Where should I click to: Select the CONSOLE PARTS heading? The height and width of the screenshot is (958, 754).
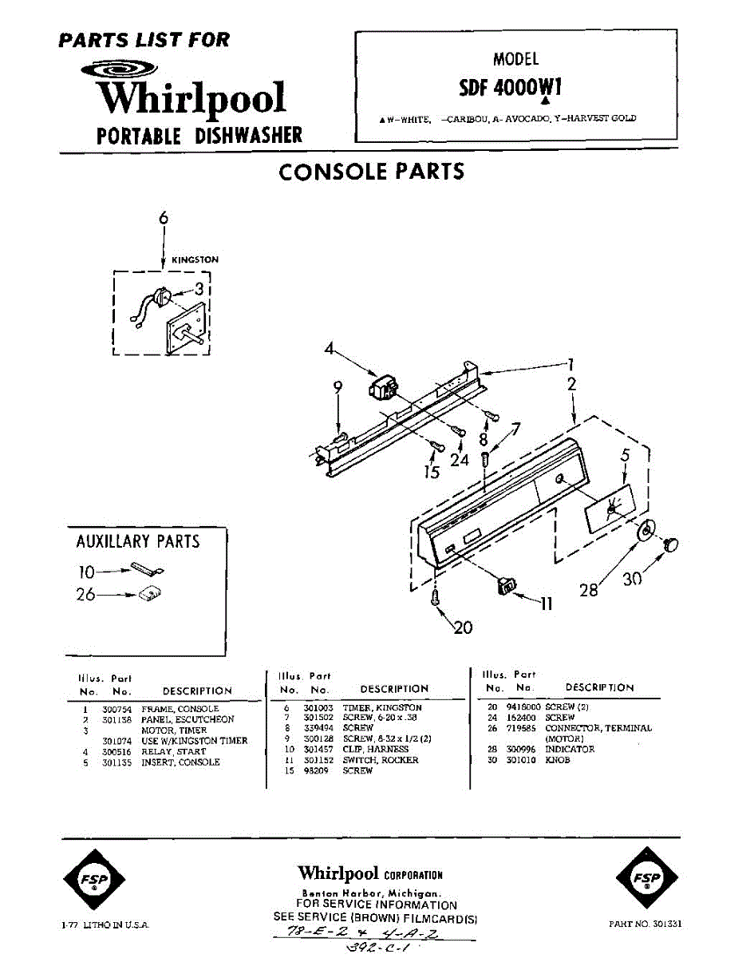pos(371,172)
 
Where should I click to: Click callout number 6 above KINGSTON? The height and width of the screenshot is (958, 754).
pos(164,218)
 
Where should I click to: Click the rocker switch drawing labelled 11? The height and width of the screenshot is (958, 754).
pos(505,586)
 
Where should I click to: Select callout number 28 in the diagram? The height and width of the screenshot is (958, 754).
pos(589,589)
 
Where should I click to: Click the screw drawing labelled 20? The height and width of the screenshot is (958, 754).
pos(436,598)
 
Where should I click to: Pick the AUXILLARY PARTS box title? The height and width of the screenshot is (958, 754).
pos(137,541)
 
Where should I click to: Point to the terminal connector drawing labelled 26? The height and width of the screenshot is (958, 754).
pos(149,593)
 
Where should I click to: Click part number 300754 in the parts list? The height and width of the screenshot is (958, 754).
pos(116,709)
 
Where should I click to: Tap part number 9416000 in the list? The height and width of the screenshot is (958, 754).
pos(523,707)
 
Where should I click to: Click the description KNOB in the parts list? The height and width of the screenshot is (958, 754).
pos(558,760)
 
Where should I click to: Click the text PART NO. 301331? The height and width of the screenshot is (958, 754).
pos(645,924)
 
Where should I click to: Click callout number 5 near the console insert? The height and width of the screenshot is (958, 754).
pos(626,455)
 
